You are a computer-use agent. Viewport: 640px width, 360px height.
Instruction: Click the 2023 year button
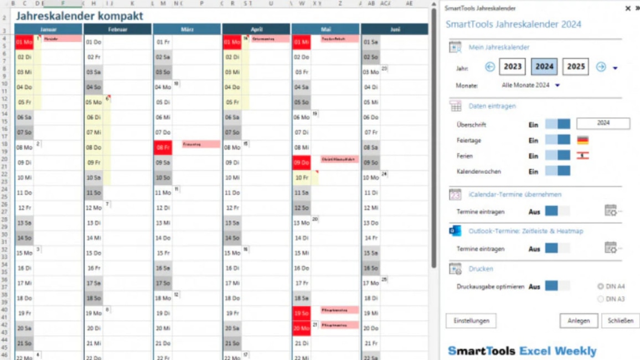pos(513,67)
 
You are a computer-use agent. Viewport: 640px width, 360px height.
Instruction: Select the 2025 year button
pos(576,67)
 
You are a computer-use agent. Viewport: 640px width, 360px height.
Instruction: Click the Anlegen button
pos(579,321)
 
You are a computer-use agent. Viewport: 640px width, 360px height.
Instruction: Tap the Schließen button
pos(620,321)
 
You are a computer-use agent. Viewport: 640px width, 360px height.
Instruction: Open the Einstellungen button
pos(471,321)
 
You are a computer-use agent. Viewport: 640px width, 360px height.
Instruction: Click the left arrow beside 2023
pos(490,67)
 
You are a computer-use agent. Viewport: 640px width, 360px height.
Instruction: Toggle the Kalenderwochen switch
pos(558,172)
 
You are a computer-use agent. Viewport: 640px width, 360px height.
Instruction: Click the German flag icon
pos(582,141)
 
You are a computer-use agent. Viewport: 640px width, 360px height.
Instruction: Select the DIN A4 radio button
pos(601,287)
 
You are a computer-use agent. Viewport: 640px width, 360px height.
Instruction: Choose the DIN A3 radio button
pos(601,299)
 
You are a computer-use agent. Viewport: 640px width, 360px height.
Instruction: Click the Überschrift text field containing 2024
pos(603,124)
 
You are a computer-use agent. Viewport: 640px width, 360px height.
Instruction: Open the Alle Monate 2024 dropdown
pos(558,85)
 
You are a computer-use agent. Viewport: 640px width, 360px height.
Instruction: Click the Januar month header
pos(48,29)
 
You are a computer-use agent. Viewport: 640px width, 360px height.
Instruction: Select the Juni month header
pos(395,29)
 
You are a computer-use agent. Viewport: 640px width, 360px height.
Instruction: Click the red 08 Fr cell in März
pos(163,148)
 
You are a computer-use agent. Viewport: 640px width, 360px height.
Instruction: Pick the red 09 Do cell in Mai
pos(301,163)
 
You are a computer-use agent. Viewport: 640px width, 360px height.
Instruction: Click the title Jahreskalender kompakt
pos(79,16)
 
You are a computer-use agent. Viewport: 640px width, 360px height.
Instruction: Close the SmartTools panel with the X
pos(628,8)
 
